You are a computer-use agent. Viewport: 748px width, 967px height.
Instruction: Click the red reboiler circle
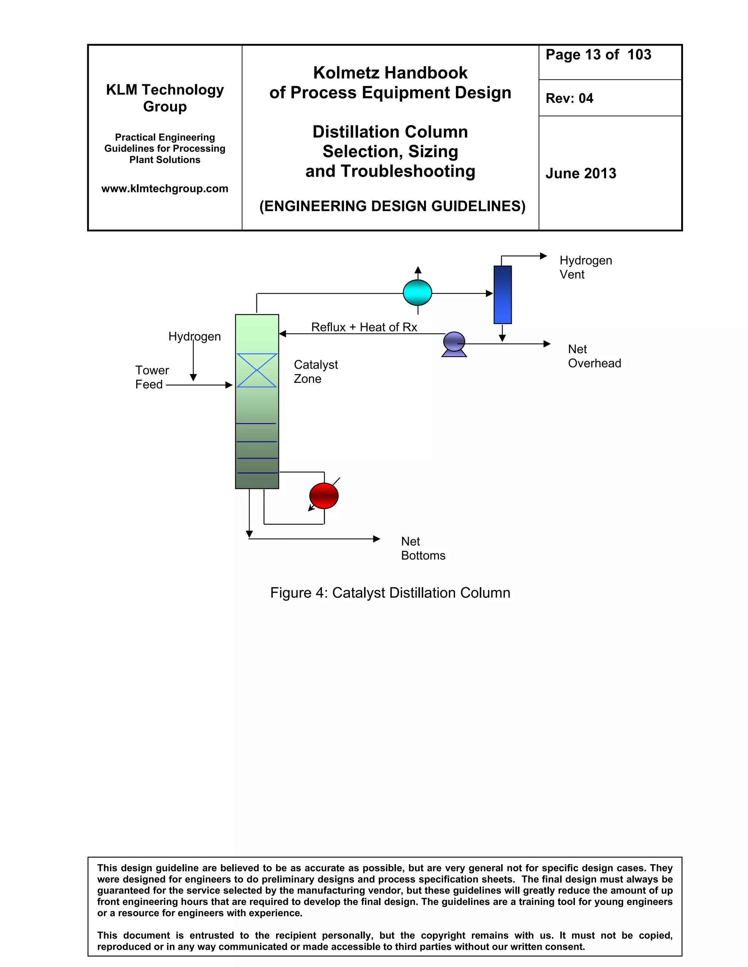coord(324,496)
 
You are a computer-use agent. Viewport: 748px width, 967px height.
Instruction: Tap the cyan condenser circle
coord(417,293)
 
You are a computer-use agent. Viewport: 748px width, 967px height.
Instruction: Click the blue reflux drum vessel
coord(503,294)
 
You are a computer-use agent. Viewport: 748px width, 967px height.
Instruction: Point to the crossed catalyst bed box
coord(257,370)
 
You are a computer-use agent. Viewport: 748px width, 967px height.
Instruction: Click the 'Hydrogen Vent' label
coord(585,267)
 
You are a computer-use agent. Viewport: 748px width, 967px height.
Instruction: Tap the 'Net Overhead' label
coord(594,356)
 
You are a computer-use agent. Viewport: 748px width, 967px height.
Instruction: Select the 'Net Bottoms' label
coord(423,548)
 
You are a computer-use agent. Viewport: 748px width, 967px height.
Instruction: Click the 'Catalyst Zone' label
coord(316,371)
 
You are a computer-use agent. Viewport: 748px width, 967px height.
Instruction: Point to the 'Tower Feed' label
coord(152,377)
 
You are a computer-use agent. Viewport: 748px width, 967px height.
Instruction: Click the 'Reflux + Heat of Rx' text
coord(364,327)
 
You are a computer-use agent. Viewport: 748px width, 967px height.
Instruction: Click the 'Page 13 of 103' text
coord(598,54)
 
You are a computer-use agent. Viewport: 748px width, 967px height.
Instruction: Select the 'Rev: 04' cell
coord(569,98)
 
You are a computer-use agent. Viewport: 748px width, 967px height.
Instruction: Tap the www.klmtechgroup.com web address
coord(165,189)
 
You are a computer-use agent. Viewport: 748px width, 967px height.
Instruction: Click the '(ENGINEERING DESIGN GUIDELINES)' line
coord(392,206)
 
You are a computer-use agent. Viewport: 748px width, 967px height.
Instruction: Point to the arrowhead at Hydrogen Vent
coord(544,256)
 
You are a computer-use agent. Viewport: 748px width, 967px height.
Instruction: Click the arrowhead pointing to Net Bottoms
coord(377,539)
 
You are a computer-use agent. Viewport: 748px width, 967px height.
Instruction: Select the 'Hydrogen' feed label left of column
coord(195,336)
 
